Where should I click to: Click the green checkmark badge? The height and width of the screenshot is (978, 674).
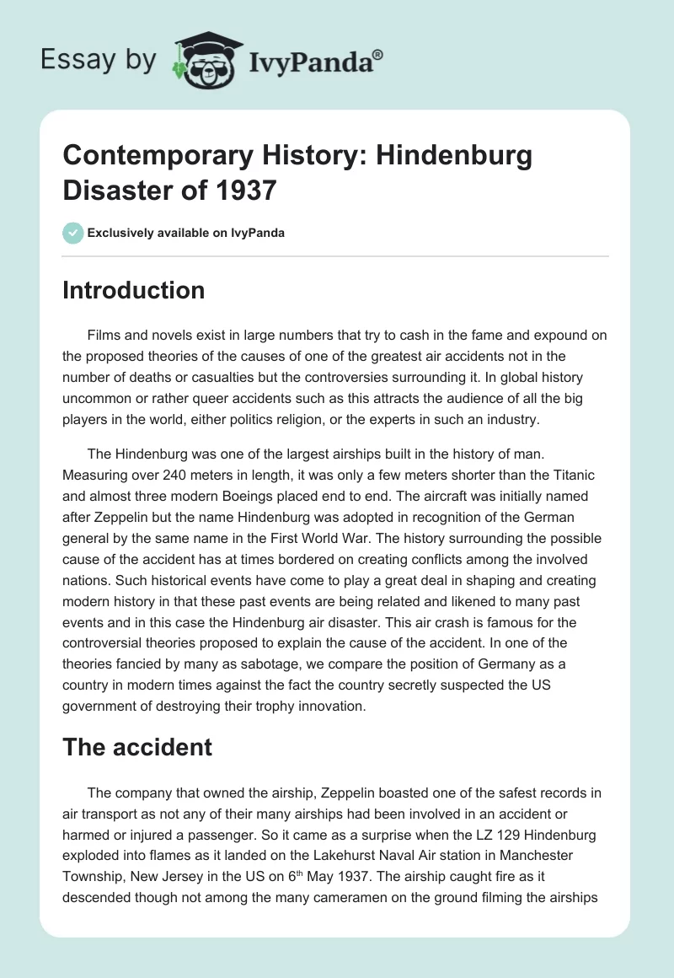coord(72,233)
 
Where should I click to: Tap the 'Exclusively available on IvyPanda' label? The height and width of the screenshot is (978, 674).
coord(186,233)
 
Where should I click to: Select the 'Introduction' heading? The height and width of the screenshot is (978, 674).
coord(134,290)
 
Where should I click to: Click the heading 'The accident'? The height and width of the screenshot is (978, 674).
coord(137,746)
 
